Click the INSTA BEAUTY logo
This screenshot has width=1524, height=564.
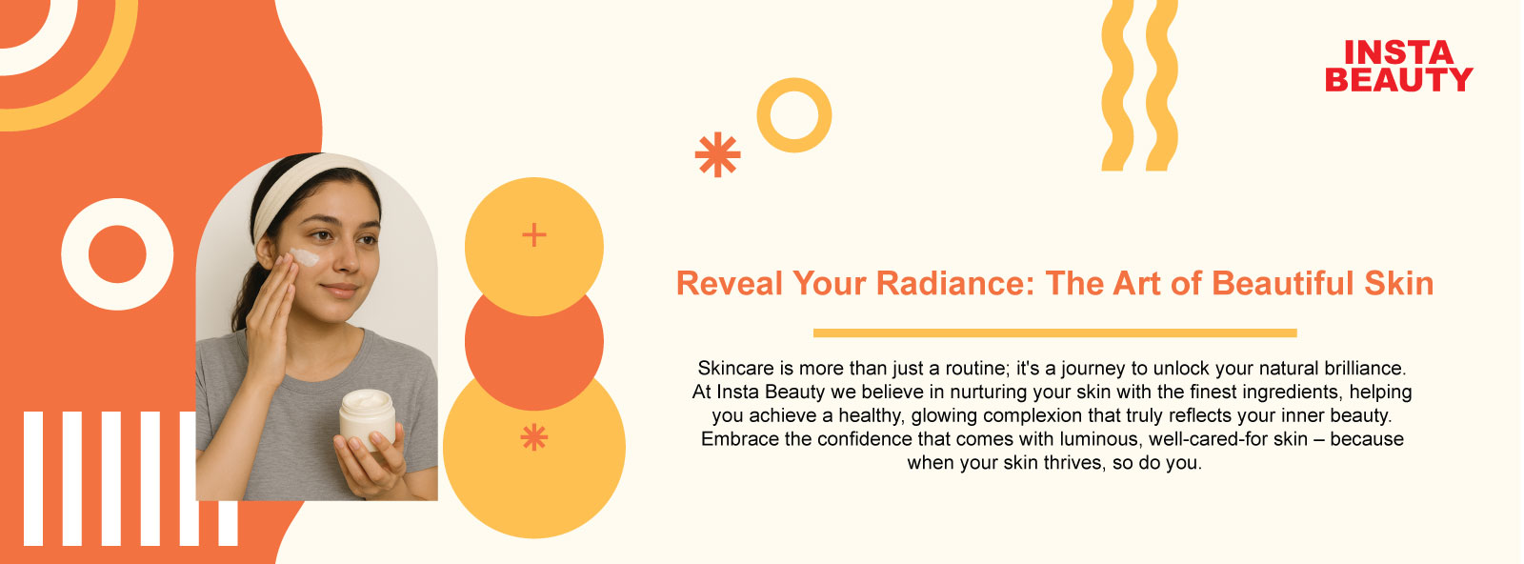(1399, 66)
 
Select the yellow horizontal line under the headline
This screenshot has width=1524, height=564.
(1054, 332)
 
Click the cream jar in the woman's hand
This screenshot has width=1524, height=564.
(368, 419)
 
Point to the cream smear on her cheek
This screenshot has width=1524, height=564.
(306, 256)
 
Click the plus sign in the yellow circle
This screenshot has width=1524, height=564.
(534, 234)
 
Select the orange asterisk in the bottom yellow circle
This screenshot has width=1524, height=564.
(534, 436)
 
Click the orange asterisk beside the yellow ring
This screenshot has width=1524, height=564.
(718, 154)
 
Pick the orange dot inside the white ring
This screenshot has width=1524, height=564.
(117, 253)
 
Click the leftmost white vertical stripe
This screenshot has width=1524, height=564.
(33, 478)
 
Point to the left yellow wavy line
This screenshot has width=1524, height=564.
(1116, 85)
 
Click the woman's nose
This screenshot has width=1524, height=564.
(349, 258)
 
